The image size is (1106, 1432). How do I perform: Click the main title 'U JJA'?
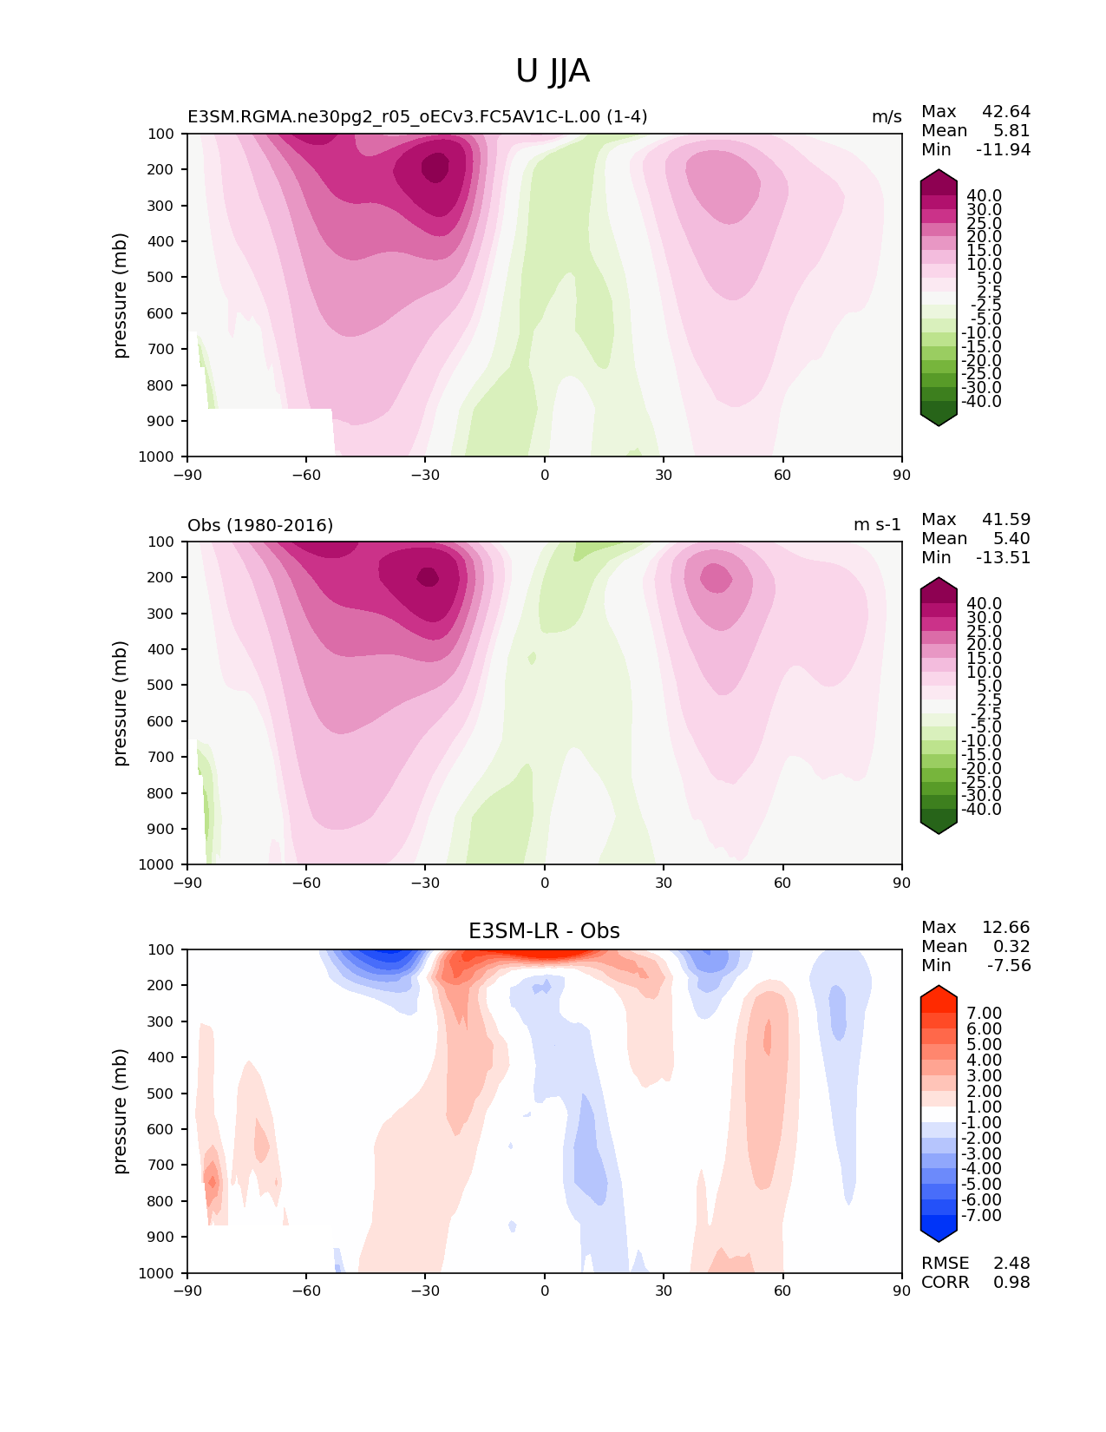click(x=552, y=71)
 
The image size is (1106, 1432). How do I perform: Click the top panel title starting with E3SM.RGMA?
click(x=417, y=116)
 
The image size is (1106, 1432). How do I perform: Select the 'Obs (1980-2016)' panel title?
click(x=260, y=525)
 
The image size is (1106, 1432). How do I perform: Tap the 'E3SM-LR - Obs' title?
click(x=544, y=931)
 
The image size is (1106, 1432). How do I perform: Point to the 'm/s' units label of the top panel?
click(x=887, y=117)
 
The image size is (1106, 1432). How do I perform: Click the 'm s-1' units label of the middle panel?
click(x=877, y=524)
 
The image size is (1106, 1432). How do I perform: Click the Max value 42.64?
click(x=1006, y=111)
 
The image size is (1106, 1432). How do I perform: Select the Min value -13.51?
click(x=1003, y=557)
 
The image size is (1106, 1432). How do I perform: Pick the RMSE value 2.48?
click(x=1011, y=1264)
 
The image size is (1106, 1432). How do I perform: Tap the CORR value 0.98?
click(x=1011, y=1283)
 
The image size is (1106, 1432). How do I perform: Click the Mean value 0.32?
click(x=1011, y=946)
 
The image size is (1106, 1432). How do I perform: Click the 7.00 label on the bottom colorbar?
click(x=984, y=1013)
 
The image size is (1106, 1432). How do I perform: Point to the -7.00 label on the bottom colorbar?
click(x=981, y=1215)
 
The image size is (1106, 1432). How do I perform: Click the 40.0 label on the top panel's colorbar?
click(x=984, y=196)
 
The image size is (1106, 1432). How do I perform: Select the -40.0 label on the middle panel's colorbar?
click(x=981, y=809)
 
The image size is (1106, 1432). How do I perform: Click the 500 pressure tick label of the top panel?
click(x=160, y=278)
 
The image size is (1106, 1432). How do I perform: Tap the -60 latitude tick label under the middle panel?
click(x=306, y=883)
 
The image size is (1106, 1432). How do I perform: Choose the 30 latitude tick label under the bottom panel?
click(x=664, y=1291)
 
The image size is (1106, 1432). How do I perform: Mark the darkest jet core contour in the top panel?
click(x=435, y=168)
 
